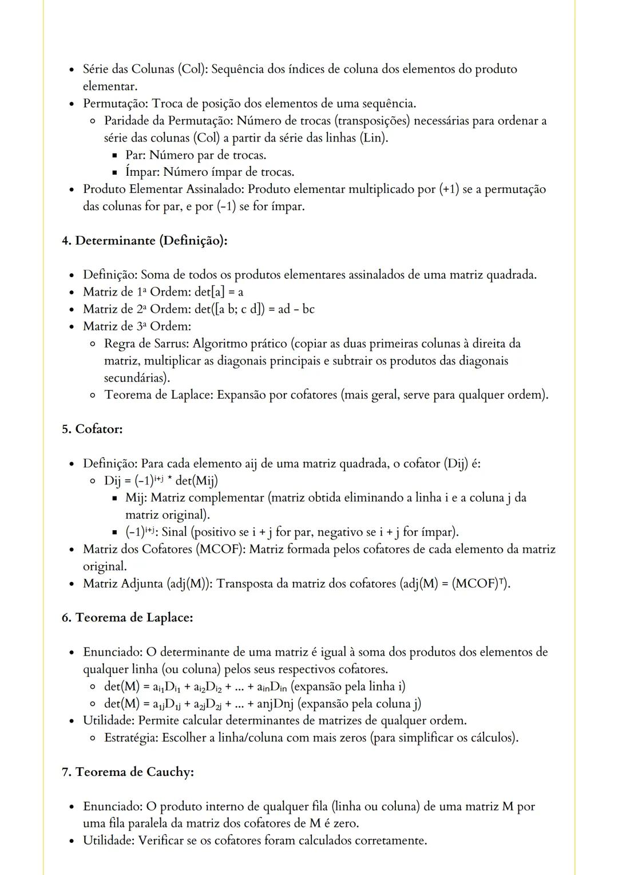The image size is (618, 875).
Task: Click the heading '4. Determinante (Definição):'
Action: point(144,241)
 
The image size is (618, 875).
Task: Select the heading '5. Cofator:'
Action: point(92,429)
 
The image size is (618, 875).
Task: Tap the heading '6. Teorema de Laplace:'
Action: point(127,618)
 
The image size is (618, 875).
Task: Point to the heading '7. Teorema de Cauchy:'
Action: point(128,772)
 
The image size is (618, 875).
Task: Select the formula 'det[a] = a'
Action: point(215,293)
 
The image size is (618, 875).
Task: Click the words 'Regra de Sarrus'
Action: point(146,344)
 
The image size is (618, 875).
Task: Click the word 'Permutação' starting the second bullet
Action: point(116,104)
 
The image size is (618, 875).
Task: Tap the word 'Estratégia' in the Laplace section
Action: point(131,738)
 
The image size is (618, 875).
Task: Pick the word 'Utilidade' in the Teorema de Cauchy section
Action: point(109,841)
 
